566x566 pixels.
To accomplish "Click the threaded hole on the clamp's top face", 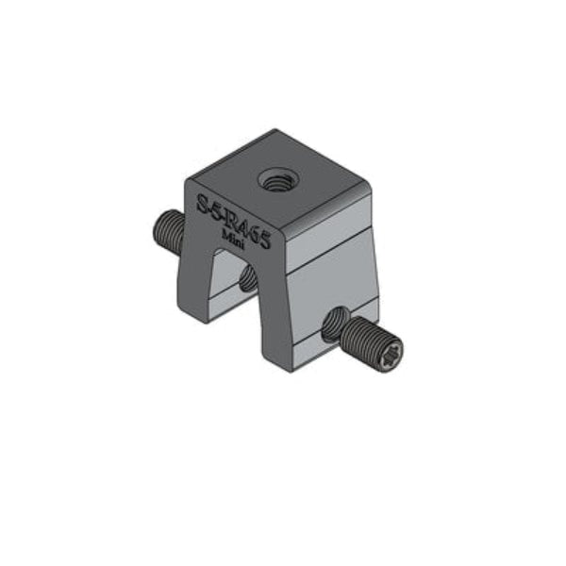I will tap(277, 179).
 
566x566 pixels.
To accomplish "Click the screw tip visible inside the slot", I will tap(248, 278).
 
